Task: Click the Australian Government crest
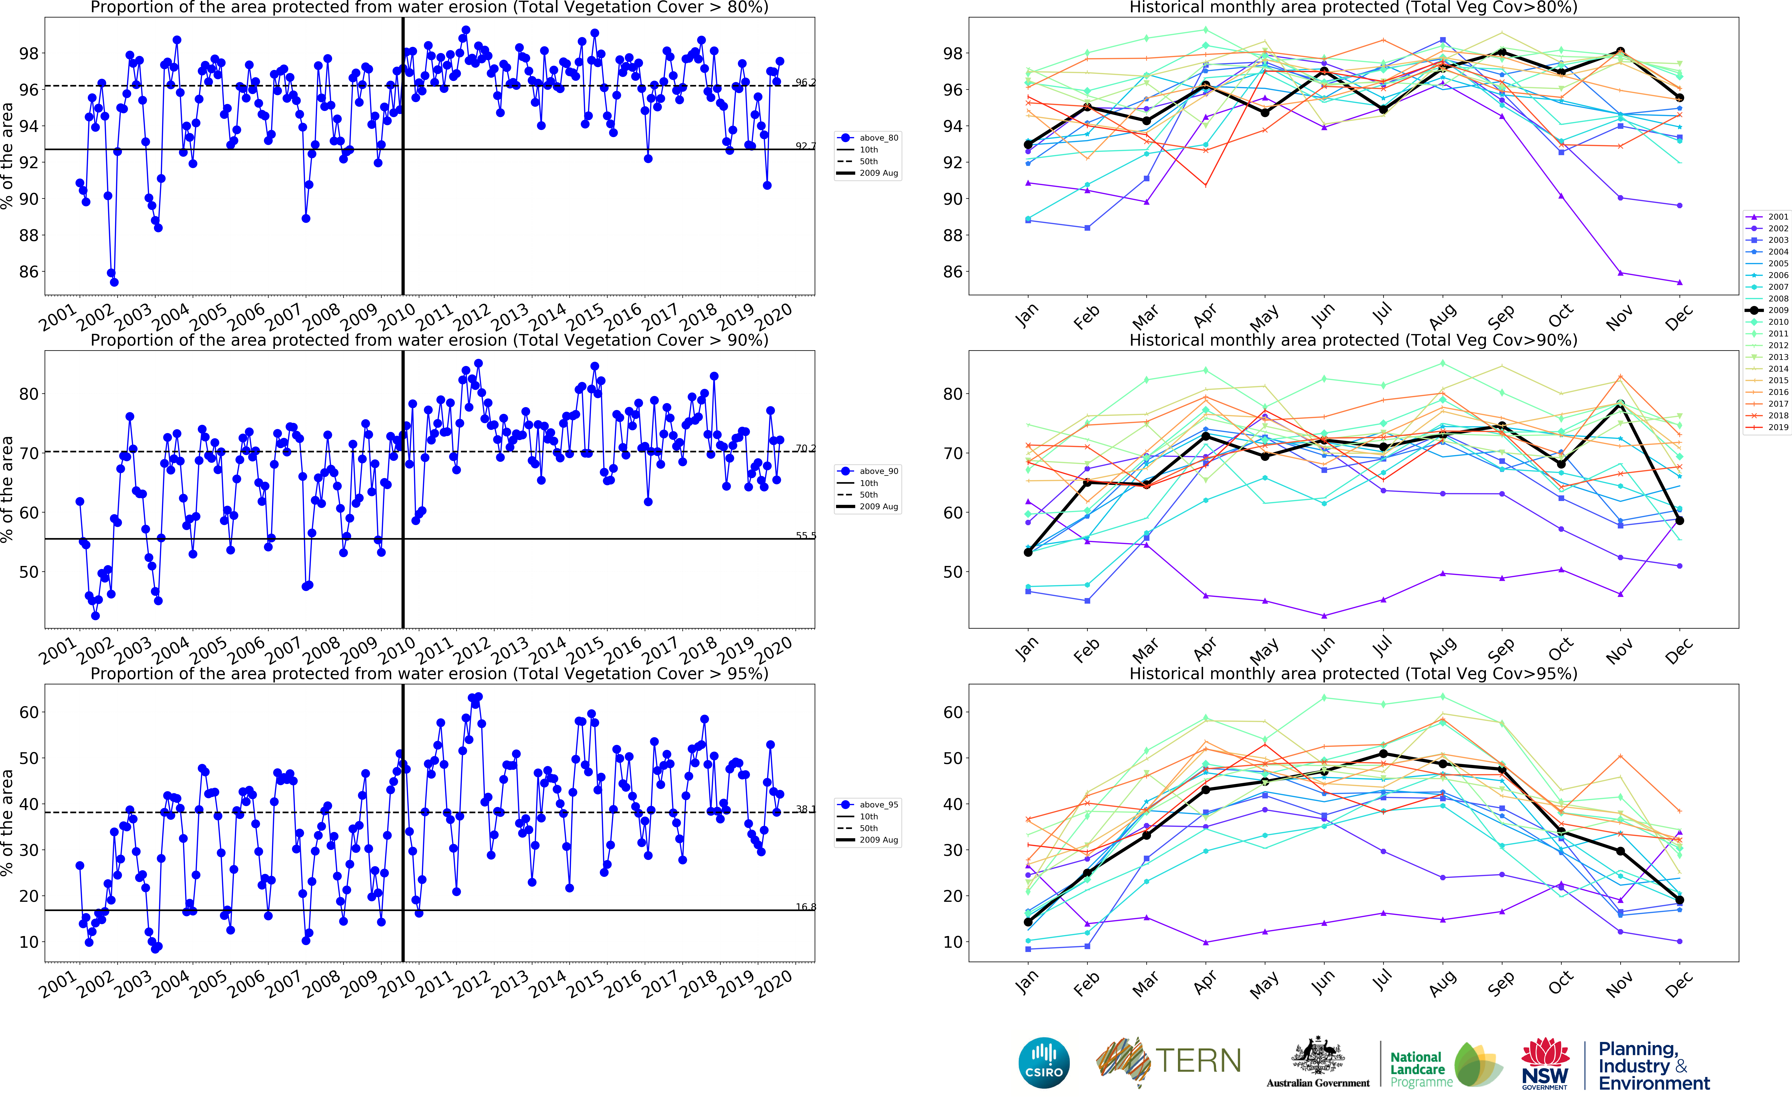coord(1318,1057)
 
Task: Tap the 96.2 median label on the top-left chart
coord(805,82)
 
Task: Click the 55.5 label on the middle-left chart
coord(805,535)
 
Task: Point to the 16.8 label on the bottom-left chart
coord(805,907)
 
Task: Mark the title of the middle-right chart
coord(1353,340)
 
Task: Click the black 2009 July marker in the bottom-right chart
coord(1383,754)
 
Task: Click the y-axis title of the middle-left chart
coord(7,489)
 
